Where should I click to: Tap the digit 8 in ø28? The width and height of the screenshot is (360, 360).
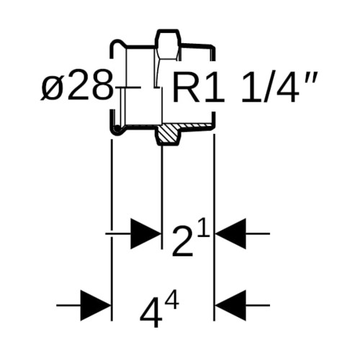point(102,85)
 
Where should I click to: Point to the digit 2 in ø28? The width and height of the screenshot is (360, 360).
point(78,85)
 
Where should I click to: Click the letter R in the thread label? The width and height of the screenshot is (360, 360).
point(186,88)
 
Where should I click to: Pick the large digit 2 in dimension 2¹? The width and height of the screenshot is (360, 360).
point(183,242)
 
